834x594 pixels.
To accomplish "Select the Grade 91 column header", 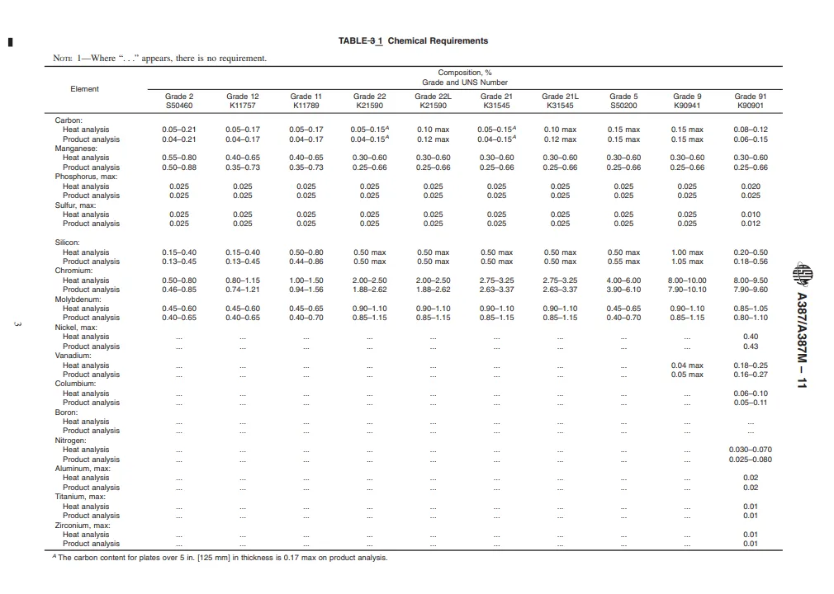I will (750, 97).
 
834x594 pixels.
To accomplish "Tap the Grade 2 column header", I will (179, 97).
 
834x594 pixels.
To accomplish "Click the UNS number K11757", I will (242, 106).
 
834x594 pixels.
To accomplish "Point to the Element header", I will (84, 89).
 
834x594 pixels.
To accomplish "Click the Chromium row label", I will (75, 271).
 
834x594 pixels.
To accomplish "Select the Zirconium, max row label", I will (82, 526).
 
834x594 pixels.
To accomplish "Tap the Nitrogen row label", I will (70, 441).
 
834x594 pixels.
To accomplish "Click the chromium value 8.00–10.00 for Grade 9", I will (687, 280).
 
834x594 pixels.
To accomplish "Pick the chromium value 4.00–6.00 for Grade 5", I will (623, 280).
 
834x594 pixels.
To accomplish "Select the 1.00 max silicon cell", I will (687, 252).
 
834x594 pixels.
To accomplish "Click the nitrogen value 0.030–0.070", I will (750, 450).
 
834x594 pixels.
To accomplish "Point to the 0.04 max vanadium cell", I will (687, 365).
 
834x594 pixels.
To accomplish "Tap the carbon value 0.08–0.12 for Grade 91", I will (750, 130).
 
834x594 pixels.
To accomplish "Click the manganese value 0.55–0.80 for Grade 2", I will (179, 158).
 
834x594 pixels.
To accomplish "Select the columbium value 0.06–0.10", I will (750, 394).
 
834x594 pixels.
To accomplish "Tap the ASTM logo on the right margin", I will (800, 271).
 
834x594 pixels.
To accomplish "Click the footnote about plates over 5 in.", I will (219, 558).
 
